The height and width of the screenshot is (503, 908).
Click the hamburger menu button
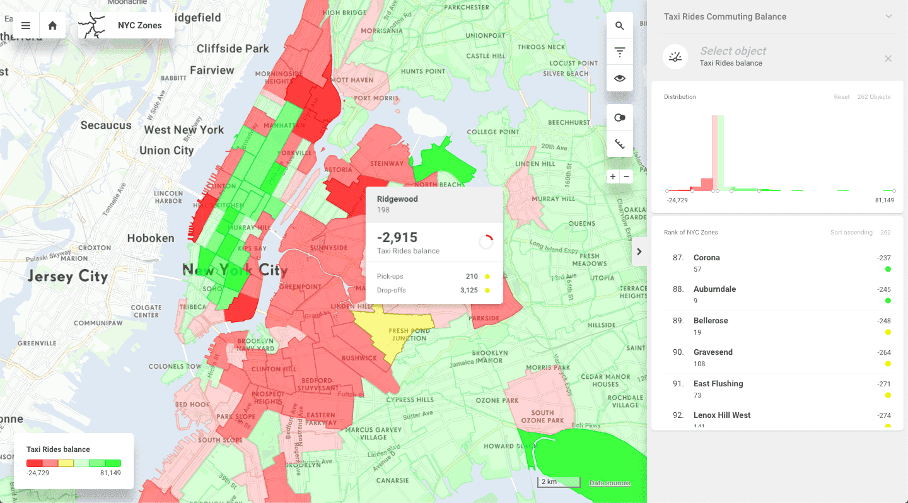coord(26,26)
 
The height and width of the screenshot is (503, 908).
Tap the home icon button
coord(52,26)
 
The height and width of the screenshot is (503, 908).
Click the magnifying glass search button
coord(620,26)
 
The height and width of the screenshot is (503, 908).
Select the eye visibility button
coord(620,78)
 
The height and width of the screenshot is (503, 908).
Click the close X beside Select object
coord(888,59)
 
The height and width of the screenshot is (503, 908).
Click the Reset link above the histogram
coord(842,97)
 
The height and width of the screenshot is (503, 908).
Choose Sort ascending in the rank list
coord(851,233)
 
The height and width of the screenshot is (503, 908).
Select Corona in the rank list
coord(706,258)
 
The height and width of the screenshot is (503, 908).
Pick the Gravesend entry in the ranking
coord(713,352)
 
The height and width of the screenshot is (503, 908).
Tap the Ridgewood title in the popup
coord(397,199)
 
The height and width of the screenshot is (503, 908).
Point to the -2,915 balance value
coord(397,238)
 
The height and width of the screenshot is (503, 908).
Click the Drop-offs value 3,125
coord(469,290)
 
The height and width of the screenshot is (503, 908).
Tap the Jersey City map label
coord(67,276)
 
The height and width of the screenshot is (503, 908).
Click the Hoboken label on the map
coord(151,238)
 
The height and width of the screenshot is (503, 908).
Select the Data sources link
coord(610,483)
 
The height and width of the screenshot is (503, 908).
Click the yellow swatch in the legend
coord(66,463)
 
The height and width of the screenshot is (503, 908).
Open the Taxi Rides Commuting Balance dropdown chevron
coord(888,16)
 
